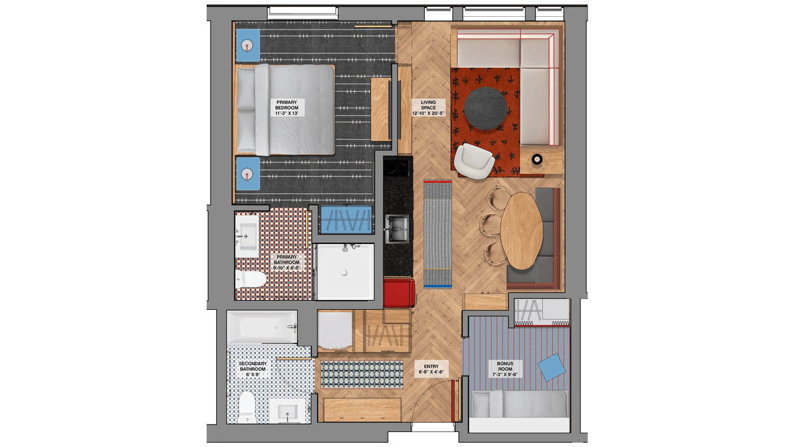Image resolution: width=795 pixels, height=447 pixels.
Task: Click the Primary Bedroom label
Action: [x=286, y=107]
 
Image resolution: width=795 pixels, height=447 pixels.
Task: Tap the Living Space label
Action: [x=428, y=107]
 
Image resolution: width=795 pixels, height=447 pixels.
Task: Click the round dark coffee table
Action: [x=485, y=109]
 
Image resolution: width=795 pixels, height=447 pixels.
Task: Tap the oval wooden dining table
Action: [x=520, y=230]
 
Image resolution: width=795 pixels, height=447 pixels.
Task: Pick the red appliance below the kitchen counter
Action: [x=399, y=294]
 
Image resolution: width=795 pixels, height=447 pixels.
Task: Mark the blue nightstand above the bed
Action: [x=248, y=45]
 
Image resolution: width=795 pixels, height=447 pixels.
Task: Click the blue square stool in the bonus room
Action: [x=552, y=368]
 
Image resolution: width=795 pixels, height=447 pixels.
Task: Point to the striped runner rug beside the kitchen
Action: [x=438, y=233]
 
